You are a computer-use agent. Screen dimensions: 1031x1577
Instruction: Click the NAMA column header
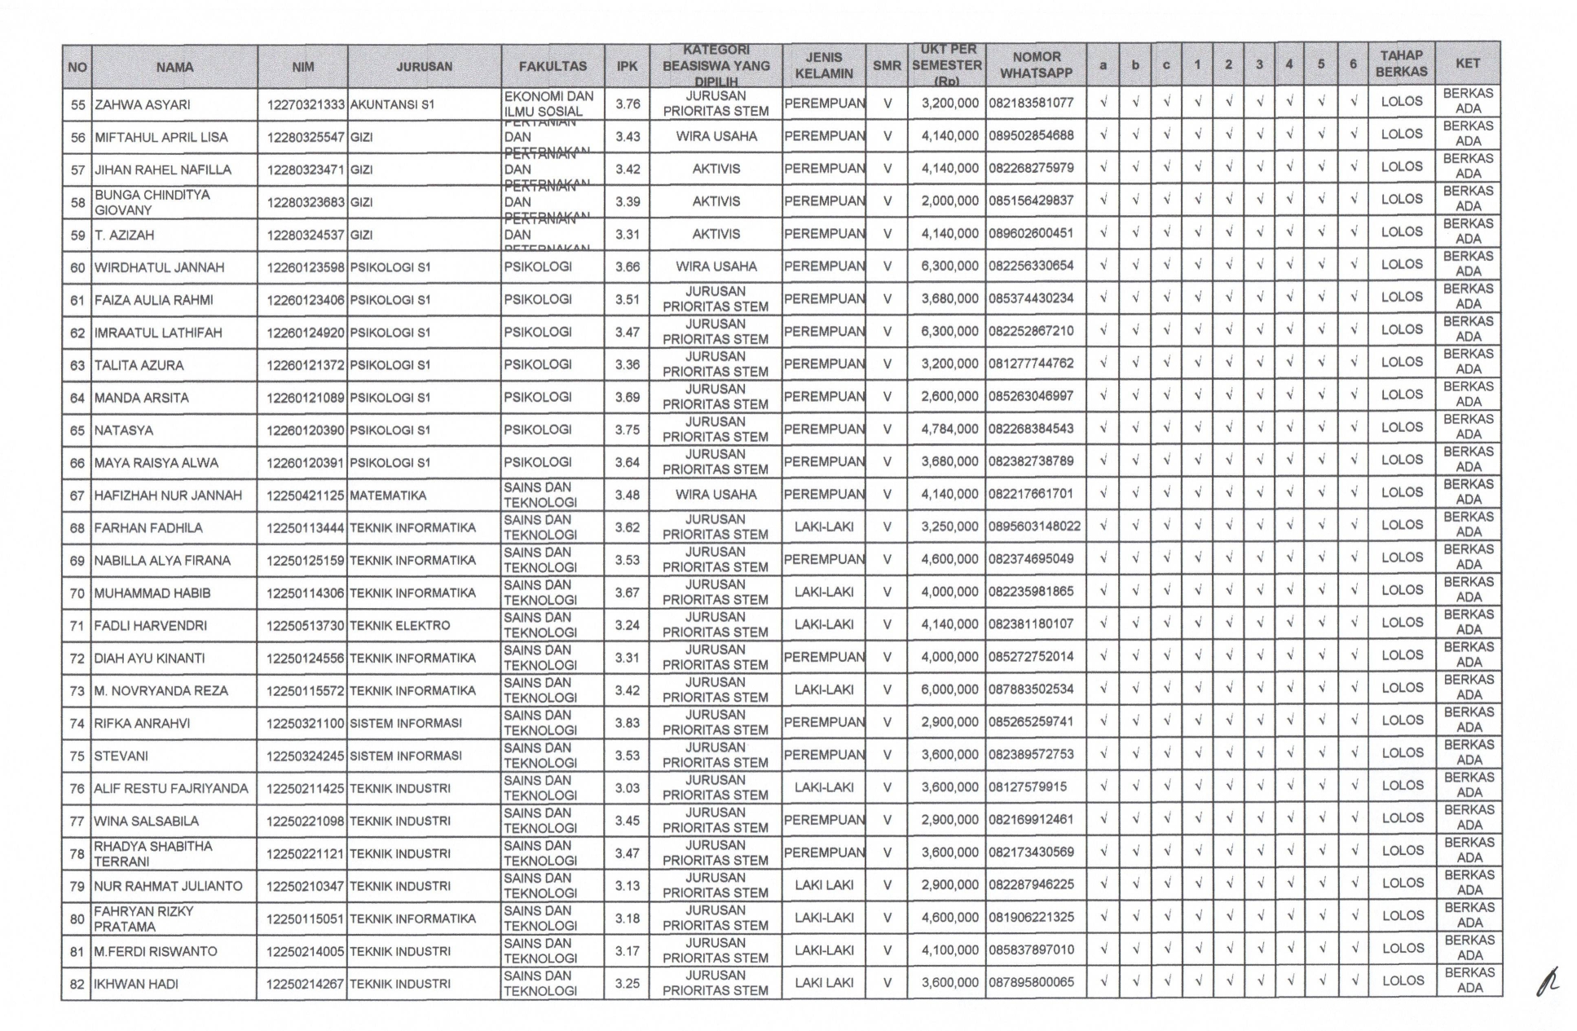[x=174, y=67]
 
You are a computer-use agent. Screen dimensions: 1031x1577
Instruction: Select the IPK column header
[x=627, y=66]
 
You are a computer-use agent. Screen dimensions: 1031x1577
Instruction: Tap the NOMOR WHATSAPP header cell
[x=1036, y=65]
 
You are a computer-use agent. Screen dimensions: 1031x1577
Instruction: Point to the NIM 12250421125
[x=306, y=496]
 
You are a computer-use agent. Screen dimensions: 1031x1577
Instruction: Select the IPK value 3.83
[x=627, y=723]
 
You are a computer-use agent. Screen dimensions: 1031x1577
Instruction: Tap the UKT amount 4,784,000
[x=949, y=430]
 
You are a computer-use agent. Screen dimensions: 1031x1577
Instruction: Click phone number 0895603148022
[x=1035, y=527]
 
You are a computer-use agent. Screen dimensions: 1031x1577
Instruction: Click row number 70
[x=77, y=593]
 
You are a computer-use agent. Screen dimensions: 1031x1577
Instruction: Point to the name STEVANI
[x=121, y=756]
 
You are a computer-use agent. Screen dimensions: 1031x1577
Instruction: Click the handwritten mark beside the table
[x=1544, y=982]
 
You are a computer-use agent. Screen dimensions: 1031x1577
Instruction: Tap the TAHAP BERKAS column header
[x=1401, y=64]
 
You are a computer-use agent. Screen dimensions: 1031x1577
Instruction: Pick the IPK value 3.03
[x=627, y=788]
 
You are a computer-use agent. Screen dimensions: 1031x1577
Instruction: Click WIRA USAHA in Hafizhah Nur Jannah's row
[x=716, y=495]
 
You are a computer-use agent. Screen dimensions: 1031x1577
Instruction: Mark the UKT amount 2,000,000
[x=949, y=201]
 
